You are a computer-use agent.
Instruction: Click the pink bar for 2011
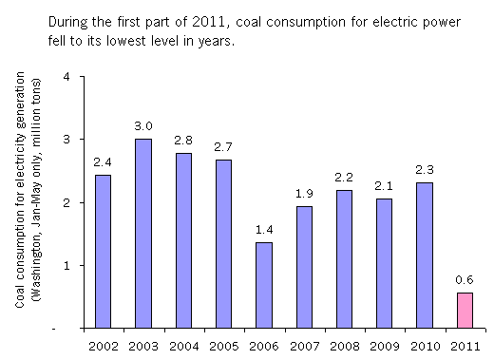pyautogui.click(x=465, y=311)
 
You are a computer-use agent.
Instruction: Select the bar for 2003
pyautogui.click(x=143, y=234)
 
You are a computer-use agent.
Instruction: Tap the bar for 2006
pyautogui.click(x=264, y=285)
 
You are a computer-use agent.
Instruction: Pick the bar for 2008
pyautogui.click(x=344, y=259)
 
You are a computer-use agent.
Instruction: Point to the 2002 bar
pyautogui.click(x=103, y=252)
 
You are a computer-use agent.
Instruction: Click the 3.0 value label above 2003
pyautogui.click(x=143, y=126)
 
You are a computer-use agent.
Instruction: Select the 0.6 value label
pyautogui.click(x=465, y=280)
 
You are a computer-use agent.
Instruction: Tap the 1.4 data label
pyautogui.click(x=264, y=230)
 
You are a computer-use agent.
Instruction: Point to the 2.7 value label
pyautogui.click(x=223, y=147)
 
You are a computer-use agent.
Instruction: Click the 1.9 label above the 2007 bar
pyautogui.click(x=304, y=194)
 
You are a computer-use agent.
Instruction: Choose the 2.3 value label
pyautogui.click(x=425, y=170)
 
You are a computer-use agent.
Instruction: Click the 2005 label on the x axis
pyautogui.click(x=223, y=347)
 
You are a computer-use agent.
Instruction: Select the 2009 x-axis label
pyautogui.click(x=385, y=347)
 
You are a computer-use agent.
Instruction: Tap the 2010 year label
pyautogui.click(x=425, y=347)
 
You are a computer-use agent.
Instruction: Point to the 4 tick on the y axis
pyautogui.click(x=66, y=77)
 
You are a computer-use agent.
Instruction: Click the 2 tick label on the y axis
pyautogui.click(x=66, y=202)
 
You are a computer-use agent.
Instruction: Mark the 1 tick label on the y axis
pyautogui.click(x=66, y=265)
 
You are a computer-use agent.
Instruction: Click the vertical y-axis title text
pyautogui.click(x=28, y=189)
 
